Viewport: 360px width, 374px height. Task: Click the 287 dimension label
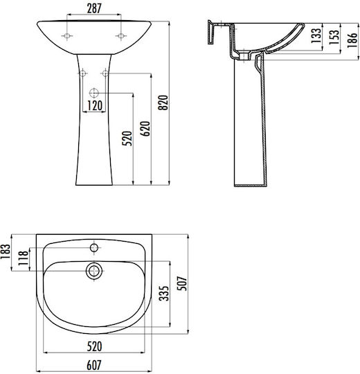coord(94,8)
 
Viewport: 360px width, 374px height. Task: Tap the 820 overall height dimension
coord(163,103)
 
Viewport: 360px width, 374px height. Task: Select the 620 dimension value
coord(145,129)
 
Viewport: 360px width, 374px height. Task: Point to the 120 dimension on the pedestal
coord(95,106)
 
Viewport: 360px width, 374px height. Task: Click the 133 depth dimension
coord(316,36)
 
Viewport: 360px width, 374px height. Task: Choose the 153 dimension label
coord(334,37)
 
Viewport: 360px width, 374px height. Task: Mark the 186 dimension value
coord(352,40)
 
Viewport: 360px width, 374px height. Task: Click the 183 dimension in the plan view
coord(6,252)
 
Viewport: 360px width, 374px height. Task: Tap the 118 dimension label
coord(24,258)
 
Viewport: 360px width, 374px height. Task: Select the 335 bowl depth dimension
coord(164,294)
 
